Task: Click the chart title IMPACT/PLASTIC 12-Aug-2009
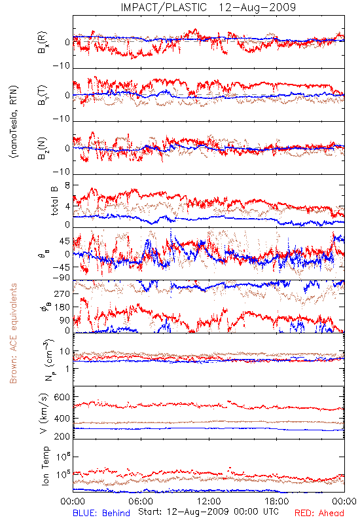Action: (208, 7)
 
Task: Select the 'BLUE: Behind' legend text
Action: (101, 513)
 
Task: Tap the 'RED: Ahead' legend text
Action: (319, 513)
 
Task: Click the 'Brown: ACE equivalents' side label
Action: (13, 333)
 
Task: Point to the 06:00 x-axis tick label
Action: (141, 501)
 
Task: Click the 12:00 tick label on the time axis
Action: (209, 501)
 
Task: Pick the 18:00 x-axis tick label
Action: (277, 501)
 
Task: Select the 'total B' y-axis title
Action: (54, 200)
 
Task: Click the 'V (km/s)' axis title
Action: (44, 413)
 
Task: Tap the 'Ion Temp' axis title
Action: (45, 466)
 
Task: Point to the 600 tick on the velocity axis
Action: (62, 397)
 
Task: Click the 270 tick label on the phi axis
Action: (62, 294)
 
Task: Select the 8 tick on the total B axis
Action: (67, 185)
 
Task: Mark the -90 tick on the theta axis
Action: (61, 277)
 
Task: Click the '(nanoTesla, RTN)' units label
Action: (14, 122)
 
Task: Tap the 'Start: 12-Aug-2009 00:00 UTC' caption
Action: (208, 512)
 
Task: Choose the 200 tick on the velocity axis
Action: (62, 436)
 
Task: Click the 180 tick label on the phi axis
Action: (62, 307)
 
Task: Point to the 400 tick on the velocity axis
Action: (62, 419)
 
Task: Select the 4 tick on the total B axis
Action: (67, 206)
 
